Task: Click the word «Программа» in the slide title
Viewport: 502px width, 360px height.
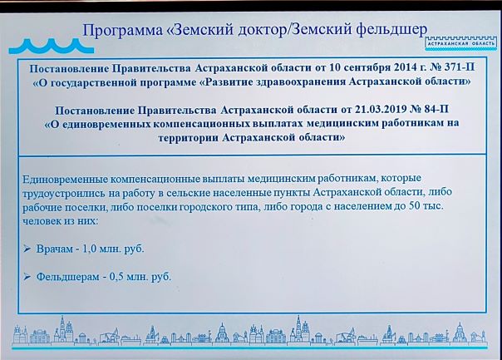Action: (x=123, y=31)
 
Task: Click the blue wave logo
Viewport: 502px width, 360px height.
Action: (x=52, y=46)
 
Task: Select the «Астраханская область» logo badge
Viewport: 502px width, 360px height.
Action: (x=460, y=43)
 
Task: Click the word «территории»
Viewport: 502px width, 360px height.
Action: (x=188, y=138)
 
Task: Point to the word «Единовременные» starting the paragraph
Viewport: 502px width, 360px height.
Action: (x=65, y=180)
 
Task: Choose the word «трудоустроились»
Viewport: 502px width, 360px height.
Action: (x=63, y=194)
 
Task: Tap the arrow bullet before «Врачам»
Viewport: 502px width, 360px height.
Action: (x=27, y=249)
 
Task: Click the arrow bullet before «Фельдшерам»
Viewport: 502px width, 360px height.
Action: (x=27, y=276)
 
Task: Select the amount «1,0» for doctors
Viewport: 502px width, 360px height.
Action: (x=89, y=249)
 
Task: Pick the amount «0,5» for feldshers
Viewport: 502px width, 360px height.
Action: (x=116, y=277)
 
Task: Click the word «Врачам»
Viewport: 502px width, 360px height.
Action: (x=54, y=249)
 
